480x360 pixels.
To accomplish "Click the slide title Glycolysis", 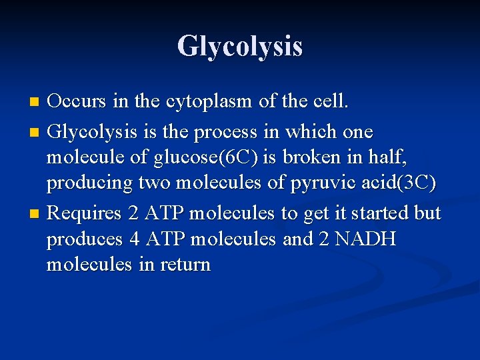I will point(240,46).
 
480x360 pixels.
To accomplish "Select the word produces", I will point(85,239).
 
